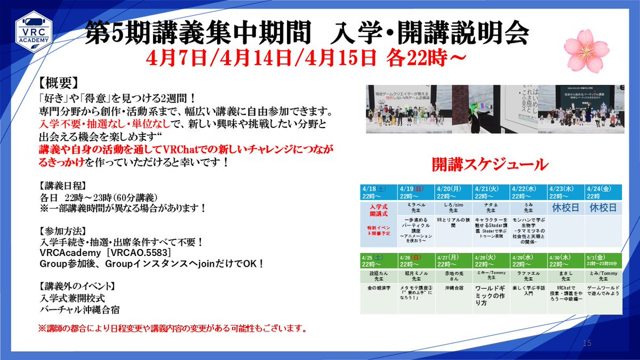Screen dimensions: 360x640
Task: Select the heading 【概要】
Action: (x=59, y=84)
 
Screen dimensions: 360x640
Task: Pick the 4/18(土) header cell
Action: (x=379, y=192)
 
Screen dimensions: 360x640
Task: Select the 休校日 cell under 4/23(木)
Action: (x=566, y=208)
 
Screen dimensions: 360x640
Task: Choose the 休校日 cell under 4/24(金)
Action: (x=603, y=208)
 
